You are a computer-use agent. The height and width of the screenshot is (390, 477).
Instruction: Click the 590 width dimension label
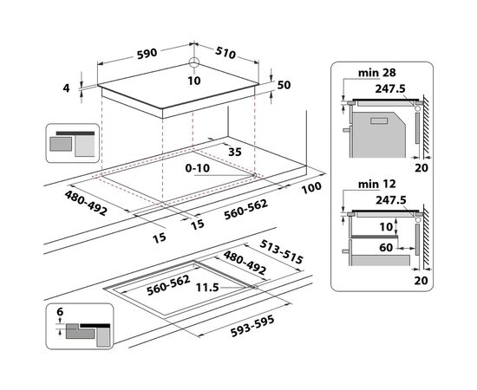coord(147,54)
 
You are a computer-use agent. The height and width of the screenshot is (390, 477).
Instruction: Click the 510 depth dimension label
coord(225,53)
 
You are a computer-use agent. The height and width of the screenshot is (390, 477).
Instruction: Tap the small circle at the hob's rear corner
coord(193,62)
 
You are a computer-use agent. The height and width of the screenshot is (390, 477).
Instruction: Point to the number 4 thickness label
coord(66,88)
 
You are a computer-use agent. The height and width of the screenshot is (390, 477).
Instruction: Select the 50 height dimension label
coord(284,85)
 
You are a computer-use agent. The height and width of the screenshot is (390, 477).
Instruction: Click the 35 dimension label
coord(234,152)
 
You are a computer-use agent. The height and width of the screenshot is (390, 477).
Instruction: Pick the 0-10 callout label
coord(198,168)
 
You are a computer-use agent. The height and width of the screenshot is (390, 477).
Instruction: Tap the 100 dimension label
coord(311,187)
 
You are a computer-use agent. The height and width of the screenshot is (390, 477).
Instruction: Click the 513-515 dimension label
coord(281,251)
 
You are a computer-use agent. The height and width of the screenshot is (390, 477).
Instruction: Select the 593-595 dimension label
coord(252,326)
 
